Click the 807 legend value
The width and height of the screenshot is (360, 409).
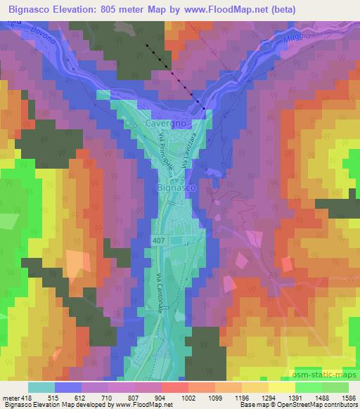click(x=132, y=397)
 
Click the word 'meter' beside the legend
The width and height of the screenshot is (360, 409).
click(x=11, y=397)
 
